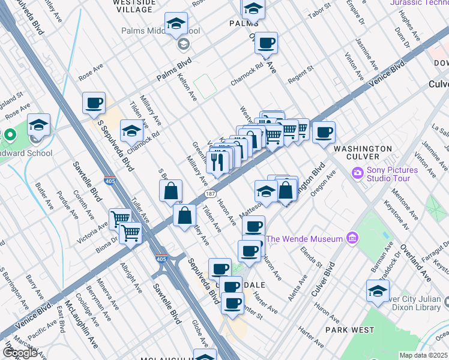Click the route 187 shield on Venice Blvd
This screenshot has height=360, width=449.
[x=211, y=194]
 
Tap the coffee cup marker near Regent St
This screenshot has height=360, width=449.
[x=266, y=43]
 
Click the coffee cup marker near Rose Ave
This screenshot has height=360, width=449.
[x=94, y=103]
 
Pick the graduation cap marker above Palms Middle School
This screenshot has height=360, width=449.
[x=176, y=23]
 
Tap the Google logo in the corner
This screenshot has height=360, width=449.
[x=20, y=353]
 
